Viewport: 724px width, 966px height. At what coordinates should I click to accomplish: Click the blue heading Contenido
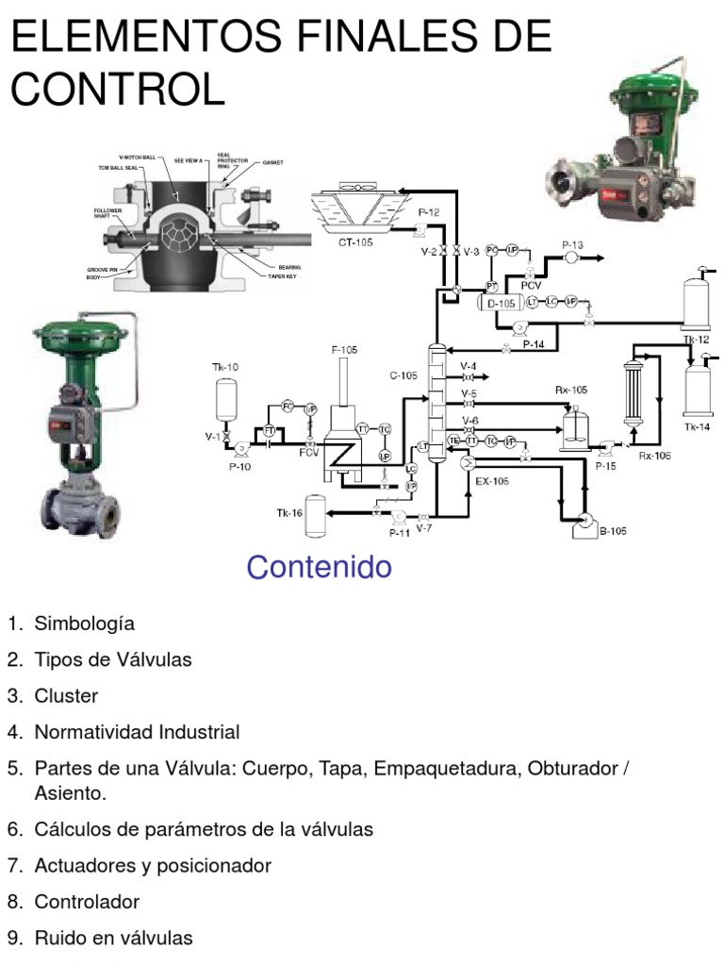(318, 567)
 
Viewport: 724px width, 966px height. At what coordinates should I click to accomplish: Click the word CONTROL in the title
(118, 90)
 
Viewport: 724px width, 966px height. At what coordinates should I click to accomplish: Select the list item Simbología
(85, 624)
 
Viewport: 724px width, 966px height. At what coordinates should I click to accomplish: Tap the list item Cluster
(66, 696)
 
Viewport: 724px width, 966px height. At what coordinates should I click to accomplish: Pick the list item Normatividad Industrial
(137, 732)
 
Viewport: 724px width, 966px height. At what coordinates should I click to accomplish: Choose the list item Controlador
(87, 902)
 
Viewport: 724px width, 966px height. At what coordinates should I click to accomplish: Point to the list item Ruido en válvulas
(113, 938)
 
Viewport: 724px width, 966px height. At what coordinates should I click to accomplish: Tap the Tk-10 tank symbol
(225, 399)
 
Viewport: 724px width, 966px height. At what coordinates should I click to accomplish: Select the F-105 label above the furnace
(344, 350)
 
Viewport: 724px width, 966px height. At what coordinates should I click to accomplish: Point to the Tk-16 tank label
(289, 513)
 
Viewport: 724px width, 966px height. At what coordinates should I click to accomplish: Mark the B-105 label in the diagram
(613, 531)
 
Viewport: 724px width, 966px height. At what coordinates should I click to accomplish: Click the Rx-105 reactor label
(570, 390)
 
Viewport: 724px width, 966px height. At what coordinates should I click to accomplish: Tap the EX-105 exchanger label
(492, 480)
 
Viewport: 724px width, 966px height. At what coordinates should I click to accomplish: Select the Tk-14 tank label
(697, 427)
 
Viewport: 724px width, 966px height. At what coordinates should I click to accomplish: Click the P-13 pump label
(572, 245)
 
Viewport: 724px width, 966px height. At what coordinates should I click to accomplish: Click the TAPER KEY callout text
(283, 276)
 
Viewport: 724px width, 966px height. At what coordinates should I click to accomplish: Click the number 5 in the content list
(14, 768)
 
